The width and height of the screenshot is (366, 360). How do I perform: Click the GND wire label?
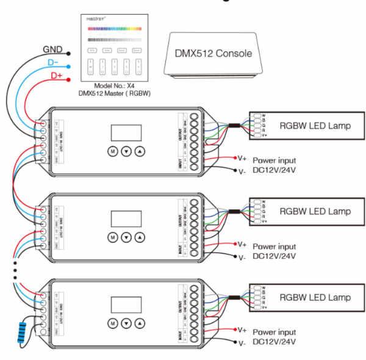click(51, 48)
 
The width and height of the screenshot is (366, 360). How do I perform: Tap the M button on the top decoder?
click(113, 151)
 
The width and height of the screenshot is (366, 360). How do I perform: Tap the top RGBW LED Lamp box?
click(305, 126)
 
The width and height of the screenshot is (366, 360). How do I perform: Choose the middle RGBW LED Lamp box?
click(305, 211)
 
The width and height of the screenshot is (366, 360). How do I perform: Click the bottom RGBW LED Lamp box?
click(305, 297)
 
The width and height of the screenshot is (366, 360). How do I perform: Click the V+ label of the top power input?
click(242, 157)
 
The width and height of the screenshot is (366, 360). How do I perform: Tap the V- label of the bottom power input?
click(242, 344)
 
